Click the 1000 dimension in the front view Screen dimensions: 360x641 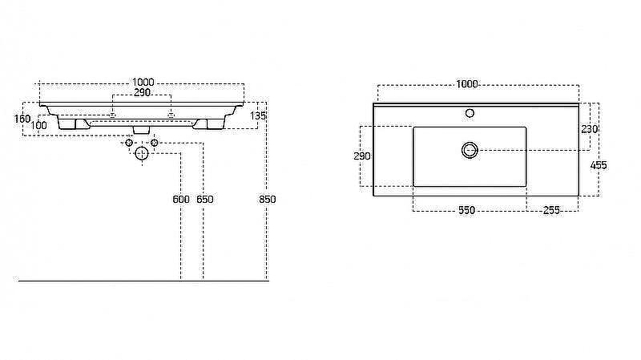(144, 83)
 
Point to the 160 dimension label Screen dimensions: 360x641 (22, 119)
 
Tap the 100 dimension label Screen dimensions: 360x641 (39, 125)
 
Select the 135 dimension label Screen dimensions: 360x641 (257, 116)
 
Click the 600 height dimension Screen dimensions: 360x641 (180, 199)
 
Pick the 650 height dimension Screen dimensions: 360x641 (205, 199)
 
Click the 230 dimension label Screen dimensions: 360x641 (589, 129)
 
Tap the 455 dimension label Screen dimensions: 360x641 (599, 165)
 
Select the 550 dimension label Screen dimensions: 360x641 (466, 210)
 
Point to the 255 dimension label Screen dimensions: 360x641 (551, 210)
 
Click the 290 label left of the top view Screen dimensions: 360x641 (362, 156)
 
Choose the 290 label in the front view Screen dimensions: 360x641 (143, 94)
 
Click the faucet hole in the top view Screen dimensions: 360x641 (470, 113)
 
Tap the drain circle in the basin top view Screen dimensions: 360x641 (470, 149)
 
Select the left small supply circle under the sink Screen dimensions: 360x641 (128, 143)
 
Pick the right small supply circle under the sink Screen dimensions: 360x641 (155, 143)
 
